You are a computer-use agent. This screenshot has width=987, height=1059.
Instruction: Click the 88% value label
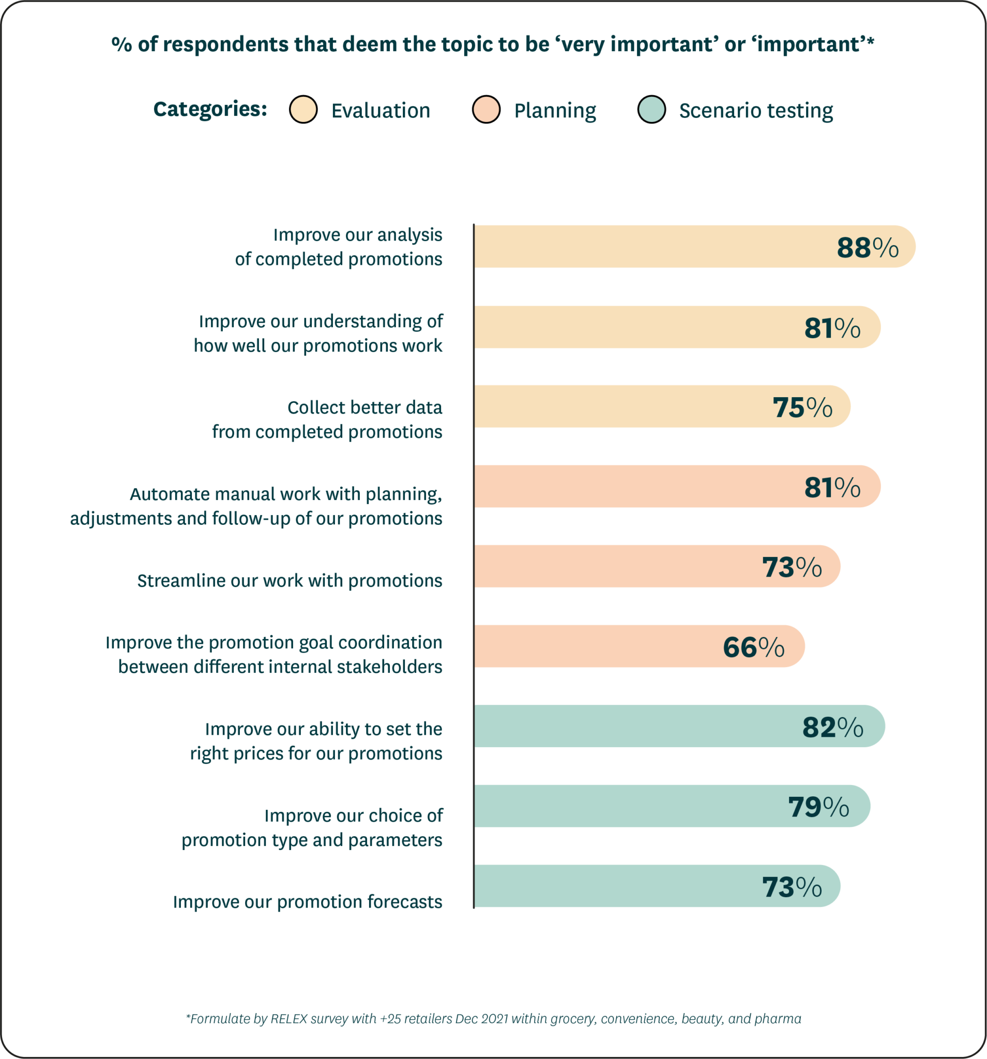click(x=867, y=248)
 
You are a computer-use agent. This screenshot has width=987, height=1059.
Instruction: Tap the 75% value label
click(x=802, y=407)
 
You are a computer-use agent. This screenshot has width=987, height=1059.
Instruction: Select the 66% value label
click(x=753, y=647)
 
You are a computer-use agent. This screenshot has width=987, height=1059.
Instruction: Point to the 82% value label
click(x=832, y=727)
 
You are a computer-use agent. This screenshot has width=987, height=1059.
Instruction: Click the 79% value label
click(x=818, y=807)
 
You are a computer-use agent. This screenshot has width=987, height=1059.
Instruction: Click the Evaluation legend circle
click(x=303, y=110)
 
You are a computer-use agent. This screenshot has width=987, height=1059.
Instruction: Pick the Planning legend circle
click(x=486, y=110)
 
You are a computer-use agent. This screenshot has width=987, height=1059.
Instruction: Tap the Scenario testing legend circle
click(x=651, y=110)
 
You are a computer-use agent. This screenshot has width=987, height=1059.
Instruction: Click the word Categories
click(x=210, y=109)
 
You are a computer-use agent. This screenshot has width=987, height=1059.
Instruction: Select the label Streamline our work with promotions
click(x=290, y=580)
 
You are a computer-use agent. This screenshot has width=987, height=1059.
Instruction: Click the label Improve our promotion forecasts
click(x=307, y=901)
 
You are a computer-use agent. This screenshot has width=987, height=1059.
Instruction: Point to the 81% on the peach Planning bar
click(x=832, y=488)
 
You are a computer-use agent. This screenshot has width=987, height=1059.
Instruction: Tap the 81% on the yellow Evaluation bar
click(x=832, y=328)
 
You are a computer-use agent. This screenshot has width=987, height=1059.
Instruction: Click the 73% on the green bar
click(x=792, y=887)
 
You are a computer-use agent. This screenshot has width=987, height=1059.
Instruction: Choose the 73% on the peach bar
click(x=792, y=567)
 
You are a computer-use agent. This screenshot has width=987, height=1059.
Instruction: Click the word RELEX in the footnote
click(x=289, y=1019)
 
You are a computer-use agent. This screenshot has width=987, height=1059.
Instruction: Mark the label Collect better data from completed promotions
click(x=327, y=419)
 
